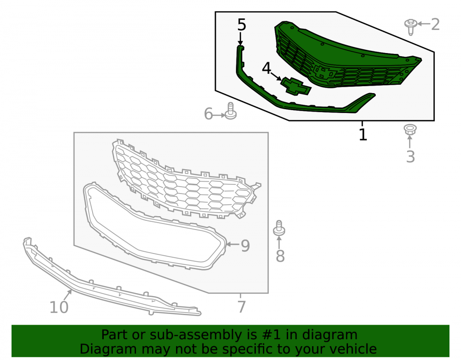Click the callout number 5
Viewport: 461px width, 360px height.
click(242, 25)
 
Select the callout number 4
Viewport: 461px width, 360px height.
click(266, 68)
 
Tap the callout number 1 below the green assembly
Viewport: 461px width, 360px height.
click(363, 135)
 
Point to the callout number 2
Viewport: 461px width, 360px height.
click(435, 24)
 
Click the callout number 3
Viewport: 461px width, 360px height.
click(410, 157)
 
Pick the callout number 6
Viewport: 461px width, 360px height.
click(208, 114)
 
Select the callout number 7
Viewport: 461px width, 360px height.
click(242, 307)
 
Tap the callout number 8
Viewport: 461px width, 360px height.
click(280, 256)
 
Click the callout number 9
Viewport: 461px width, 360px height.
click(245, 246)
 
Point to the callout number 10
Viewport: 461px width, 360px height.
click(59, 307)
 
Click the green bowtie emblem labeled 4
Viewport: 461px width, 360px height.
click(296, 86)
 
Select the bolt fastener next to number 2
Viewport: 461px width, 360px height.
click(411, 27)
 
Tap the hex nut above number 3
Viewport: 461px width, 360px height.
click(410, 130)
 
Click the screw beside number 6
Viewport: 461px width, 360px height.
click(230, 111)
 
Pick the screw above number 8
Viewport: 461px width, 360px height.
click(279, 228)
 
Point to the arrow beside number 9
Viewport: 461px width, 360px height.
click(232, 244)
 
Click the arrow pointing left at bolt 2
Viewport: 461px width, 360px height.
click(424, 24)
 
